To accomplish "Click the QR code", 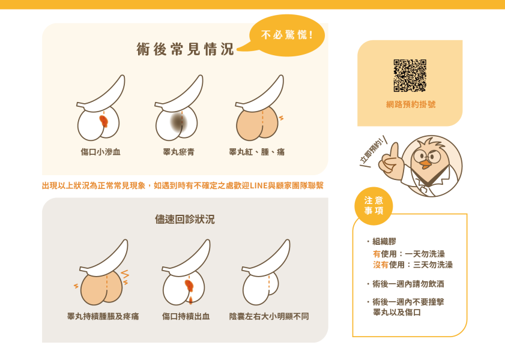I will pos(410,75).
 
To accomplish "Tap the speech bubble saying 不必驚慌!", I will pos(286,35).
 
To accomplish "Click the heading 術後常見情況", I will pos(185,50).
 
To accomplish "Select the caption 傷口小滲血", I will pos(101,152).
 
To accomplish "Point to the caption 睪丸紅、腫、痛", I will pos(257,152).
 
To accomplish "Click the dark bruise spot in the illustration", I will pos(178,122).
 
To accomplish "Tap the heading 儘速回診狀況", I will pos(185,220).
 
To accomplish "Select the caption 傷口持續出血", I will pos(186,316).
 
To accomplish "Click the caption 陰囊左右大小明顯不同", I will pos(269,316).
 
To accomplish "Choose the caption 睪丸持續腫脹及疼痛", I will pos(103,316).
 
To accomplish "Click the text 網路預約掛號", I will pos(411,104).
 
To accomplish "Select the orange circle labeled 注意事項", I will pos(373,205).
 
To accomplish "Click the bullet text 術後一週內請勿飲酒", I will pos(408,284).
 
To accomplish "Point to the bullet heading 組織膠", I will pos(384,241).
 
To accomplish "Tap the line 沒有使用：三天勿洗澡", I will pos(413,265).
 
